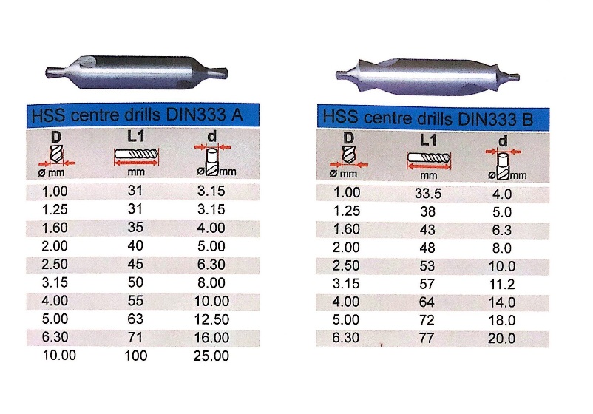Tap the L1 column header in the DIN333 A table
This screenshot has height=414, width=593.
click(x=135, y=138)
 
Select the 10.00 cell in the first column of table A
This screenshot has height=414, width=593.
click(x=58, y=356)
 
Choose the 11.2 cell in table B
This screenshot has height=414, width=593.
click(x=503, y=284)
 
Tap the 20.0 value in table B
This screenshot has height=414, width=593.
click(x=503, y=338)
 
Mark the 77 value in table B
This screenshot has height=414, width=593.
click(x=427, y=338)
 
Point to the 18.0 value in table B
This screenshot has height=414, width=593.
click(x=503, y=320)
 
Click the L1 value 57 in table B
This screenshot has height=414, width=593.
click(x=427, y=284)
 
